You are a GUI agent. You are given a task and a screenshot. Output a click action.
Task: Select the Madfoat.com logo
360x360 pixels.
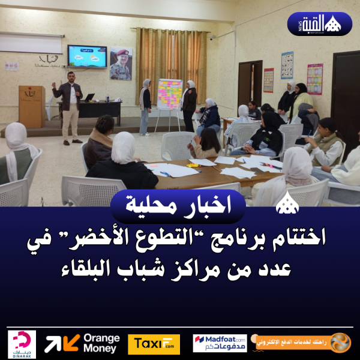click(220, 343)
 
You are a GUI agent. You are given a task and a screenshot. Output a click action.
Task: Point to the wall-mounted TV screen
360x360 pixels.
click(86, 56)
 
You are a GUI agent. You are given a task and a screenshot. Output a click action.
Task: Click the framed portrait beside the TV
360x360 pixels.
click(120, 64)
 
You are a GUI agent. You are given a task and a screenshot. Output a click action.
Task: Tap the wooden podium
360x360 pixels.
click(31, 106)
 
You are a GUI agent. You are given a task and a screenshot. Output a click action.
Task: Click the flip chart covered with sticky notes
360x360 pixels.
click(169, 94)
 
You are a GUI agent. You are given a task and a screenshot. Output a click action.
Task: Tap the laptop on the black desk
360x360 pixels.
click(89, 97)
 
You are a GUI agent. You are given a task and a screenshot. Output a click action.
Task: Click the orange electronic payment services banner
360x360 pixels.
click(302, 343)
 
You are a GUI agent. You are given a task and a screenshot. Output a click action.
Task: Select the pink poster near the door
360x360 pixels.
click(314, 79)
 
